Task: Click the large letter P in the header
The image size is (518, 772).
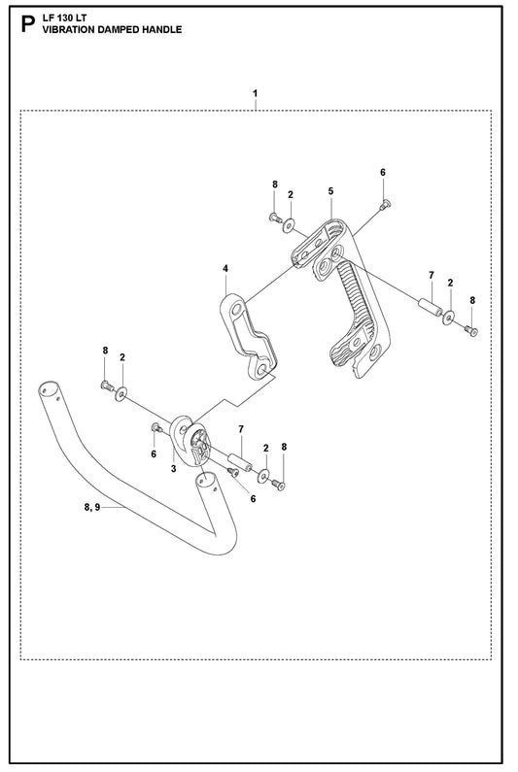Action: click(28, 24)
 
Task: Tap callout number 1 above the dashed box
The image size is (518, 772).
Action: click(255, 93)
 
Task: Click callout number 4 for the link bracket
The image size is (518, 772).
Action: click(225, 268)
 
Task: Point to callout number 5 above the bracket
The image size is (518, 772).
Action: click(330, 191)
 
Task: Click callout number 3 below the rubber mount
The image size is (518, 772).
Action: click(174, 469)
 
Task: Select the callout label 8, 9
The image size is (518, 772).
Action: click(91, 508)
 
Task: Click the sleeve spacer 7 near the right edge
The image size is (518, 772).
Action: click(431, 306)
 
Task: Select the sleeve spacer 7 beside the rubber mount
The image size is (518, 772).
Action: click(239, 462)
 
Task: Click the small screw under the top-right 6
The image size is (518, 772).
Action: click(385, 203)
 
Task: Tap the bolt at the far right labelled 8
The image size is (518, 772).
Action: click(471, 331)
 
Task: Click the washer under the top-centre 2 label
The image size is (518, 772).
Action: click(289, 225)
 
